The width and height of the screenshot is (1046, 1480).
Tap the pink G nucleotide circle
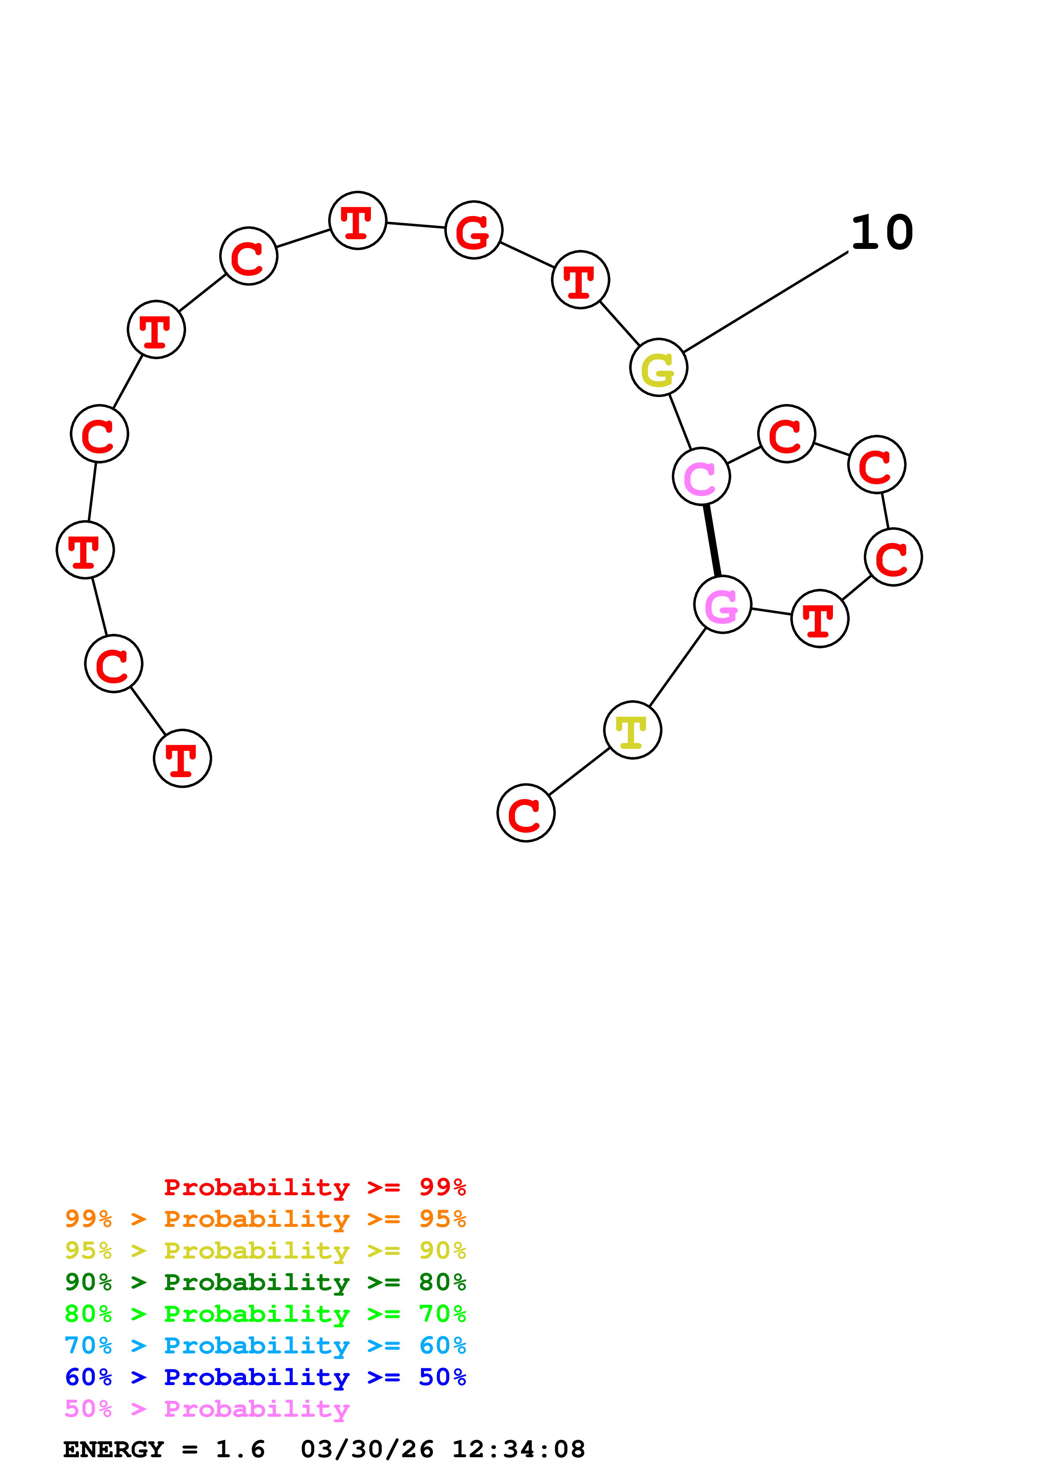point(722,605)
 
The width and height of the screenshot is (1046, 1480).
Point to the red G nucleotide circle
point(474,230)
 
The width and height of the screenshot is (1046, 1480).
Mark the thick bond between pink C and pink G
point(711,540)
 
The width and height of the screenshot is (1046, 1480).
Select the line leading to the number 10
point(766,302)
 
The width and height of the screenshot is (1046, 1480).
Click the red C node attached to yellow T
point(526,813)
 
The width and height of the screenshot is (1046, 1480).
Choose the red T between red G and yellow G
point(580,280)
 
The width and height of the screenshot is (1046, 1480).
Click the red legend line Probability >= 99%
point(314,1187)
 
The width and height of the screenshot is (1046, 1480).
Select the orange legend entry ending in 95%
point(265,1219)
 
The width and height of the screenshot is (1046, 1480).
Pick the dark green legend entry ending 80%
point(265,1282)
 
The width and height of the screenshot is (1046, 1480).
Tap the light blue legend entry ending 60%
point(265,1345)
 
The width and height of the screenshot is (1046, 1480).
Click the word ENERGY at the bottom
point(114,1450)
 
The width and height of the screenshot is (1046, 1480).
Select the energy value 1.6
point(240,1450)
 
